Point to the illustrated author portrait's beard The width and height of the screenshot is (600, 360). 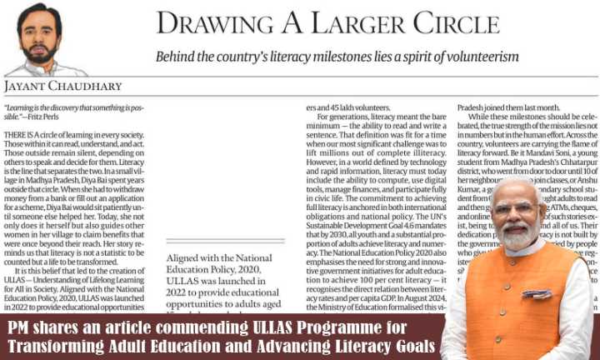[42, 52]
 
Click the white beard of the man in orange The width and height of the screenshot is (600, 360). [517, 238]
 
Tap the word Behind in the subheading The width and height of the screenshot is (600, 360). [175, 57]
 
